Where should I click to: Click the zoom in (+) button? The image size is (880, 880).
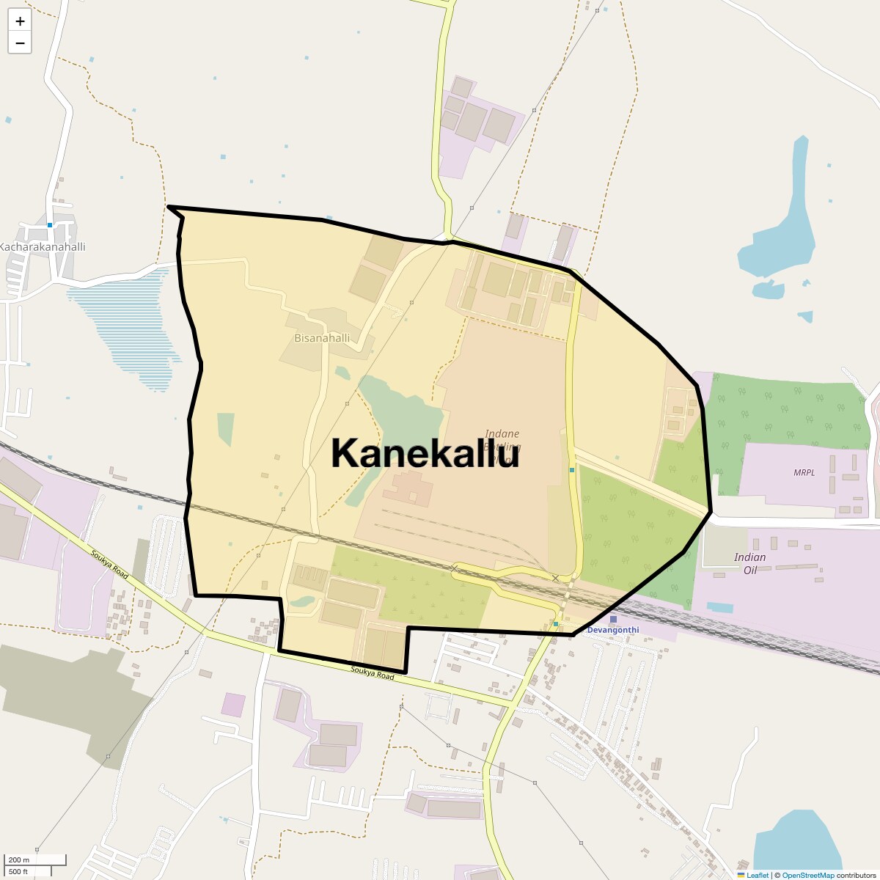point(20,21)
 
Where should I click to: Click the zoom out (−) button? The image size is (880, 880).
point(20,43)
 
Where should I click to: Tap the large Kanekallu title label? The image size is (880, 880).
point(425,452)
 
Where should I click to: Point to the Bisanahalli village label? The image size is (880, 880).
point(322,338)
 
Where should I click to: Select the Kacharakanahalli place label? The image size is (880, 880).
point(43,246)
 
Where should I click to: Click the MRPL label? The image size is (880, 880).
point(804,472)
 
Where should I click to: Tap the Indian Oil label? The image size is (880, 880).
point(749,563)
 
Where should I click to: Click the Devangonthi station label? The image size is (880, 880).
point(613,630)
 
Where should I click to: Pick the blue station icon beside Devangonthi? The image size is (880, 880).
point(613,620)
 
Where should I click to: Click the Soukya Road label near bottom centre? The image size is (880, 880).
point(372,672)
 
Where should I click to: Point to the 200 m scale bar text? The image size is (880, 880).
point(19,859)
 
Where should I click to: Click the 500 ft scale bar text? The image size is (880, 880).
point(18,872)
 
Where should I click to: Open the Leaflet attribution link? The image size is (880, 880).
point(757,875)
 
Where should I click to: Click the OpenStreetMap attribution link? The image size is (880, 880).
point(807,875)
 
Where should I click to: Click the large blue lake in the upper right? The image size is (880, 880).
point(785,227)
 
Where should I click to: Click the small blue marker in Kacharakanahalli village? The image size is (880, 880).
point(50,225)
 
